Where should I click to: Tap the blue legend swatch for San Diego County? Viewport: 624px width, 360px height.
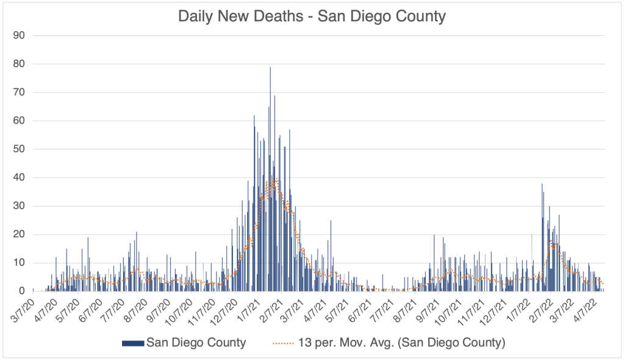[134, 342]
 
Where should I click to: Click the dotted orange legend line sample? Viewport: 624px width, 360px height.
[282, 342]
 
